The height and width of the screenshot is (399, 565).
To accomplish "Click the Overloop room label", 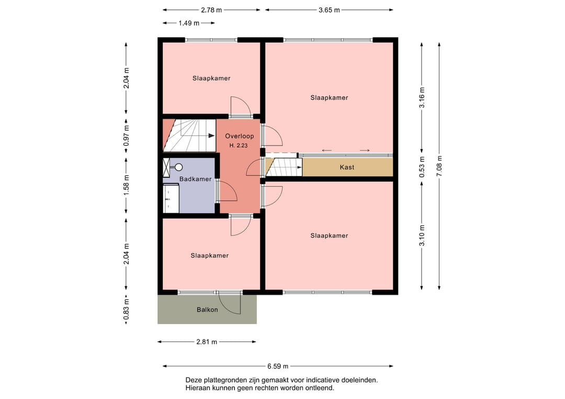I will (x=239, y=136).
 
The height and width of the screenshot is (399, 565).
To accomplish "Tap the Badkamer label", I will (x=195, y=179).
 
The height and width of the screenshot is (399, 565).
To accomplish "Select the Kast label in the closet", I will (x=346, y=167).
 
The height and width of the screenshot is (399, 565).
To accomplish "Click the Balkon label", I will (x=207, y=310).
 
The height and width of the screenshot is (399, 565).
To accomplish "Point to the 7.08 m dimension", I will (x=439, y=166).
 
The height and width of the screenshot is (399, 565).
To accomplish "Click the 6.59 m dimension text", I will (x=277, y=367).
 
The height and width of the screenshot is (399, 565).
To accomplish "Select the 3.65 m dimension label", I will (x=329, y=10).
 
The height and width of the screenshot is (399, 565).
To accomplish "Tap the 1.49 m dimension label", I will (x=189, y=23).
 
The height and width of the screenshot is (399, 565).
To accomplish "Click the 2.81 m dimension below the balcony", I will (x=207, y=342).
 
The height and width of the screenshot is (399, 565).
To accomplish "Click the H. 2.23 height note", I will (x=239, y=145).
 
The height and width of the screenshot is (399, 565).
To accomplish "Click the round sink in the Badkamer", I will (x=179, y=167).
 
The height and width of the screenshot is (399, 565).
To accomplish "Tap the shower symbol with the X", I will (x=167, y=167).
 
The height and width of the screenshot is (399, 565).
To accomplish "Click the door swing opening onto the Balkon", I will (x=231, y=304).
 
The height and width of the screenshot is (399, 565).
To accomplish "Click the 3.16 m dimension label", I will (x=422, y=97).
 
